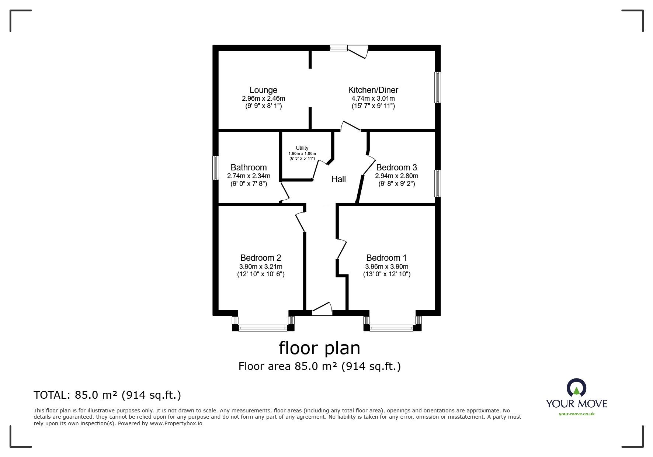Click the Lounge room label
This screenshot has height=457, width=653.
(x=263, y=90)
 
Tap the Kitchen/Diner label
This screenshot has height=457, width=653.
(x=373, y=90)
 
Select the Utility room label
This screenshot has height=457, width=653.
(x=302, y=148)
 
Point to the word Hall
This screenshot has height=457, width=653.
(x=338, y=179)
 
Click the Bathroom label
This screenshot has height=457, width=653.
(x=249, y=167)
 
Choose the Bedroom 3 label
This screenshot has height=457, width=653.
(x=396, y=167)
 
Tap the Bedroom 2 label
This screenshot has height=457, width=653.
(x=261, y=258)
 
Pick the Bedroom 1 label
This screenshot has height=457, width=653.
(x=386, y=258)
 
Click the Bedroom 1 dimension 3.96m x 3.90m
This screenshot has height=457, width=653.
(x=386, y=267)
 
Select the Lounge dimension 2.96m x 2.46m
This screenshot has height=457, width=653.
(x=263, y=98)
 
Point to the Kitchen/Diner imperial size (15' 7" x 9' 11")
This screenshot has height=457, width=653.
(x=373, y=106)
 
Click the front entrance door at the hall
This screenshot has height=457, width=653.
(x=322, y=309)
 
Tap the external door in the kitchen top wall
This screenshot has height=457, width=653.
(x=358, y=51)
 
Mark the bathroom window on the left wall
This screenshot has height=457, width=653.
(x=216, y=168)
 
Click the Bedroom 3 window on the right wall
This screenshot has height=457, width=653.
(x=438, y=183)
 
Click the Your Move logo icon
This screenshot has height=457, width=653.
(x=576, y=388)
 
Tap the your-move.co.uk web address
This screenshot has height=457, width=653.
(x=577, y=414)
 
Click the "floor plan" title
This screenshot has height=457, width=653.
(x=319, y=348)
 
